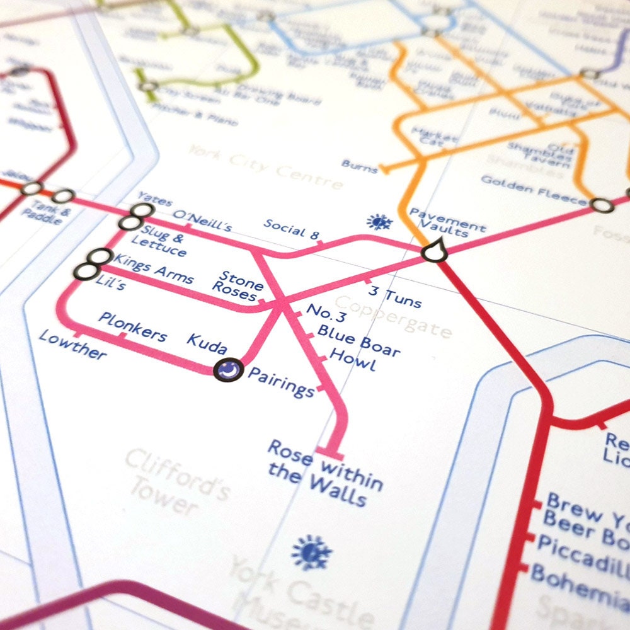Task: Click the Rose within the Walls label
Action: (324, 473)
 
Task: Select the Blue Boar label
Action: (358, 340)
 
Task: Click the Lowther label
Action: (72, 344)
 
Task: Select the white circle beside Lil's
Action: (85, 272)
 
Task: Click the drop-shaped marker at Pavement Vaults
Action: (433, 251)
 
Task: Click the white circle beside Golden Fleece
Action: (601, 205)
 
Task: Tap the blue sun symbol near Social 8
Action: (379, 222)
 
